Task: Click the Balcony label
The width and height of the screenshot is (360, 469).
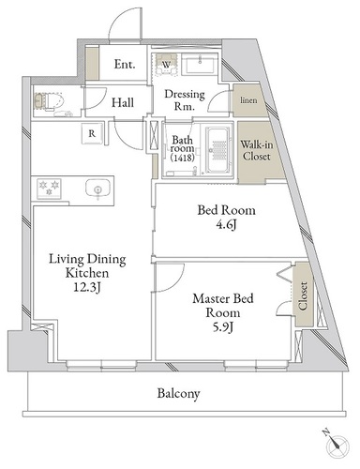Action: (x=178, y=394)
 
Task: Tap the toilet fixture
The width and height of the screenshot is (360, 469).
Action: (x=49, y=101)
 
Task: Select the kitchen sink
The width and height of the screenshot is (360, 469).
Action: (x=97, y=189)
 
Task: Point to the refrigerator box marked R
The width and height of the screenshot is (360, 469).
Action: (x=92, y=134)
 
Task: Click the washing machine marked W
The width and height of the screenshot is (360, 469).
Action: (x=166, y=65)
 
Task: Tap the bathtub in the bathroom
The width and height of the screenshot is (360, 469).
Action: (x=218, y=150)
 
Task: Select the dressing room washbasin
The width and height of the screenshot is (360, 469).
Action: (x=199, y=65)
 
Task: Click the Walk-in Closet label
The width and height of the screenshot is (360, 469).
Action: (x=257, y=150)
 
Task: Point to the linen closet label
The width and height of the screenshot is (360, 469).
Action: (x=248, y=100)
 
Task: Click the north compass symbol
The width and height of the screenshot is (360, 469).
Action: (x=337, y=444)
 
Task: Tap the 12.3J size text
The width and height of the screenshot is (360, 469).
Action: (x=87, y=287)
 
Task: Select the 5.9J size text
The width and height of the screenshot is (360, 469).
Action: (x=223, y=327)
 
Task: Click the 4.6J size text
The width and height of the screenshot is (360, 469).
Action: (x=226, y=224)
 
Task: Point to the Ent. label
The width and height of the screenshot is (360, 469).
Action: (x=125, y=65)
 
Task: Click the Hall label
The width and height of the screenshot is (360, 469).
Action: (x=123, y=102)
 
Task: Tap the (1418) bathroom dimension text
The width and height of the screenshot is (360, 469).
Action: (x=183, y=158)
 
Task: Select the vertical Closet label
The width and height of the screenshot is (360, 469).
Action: (x=303, y=295)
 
